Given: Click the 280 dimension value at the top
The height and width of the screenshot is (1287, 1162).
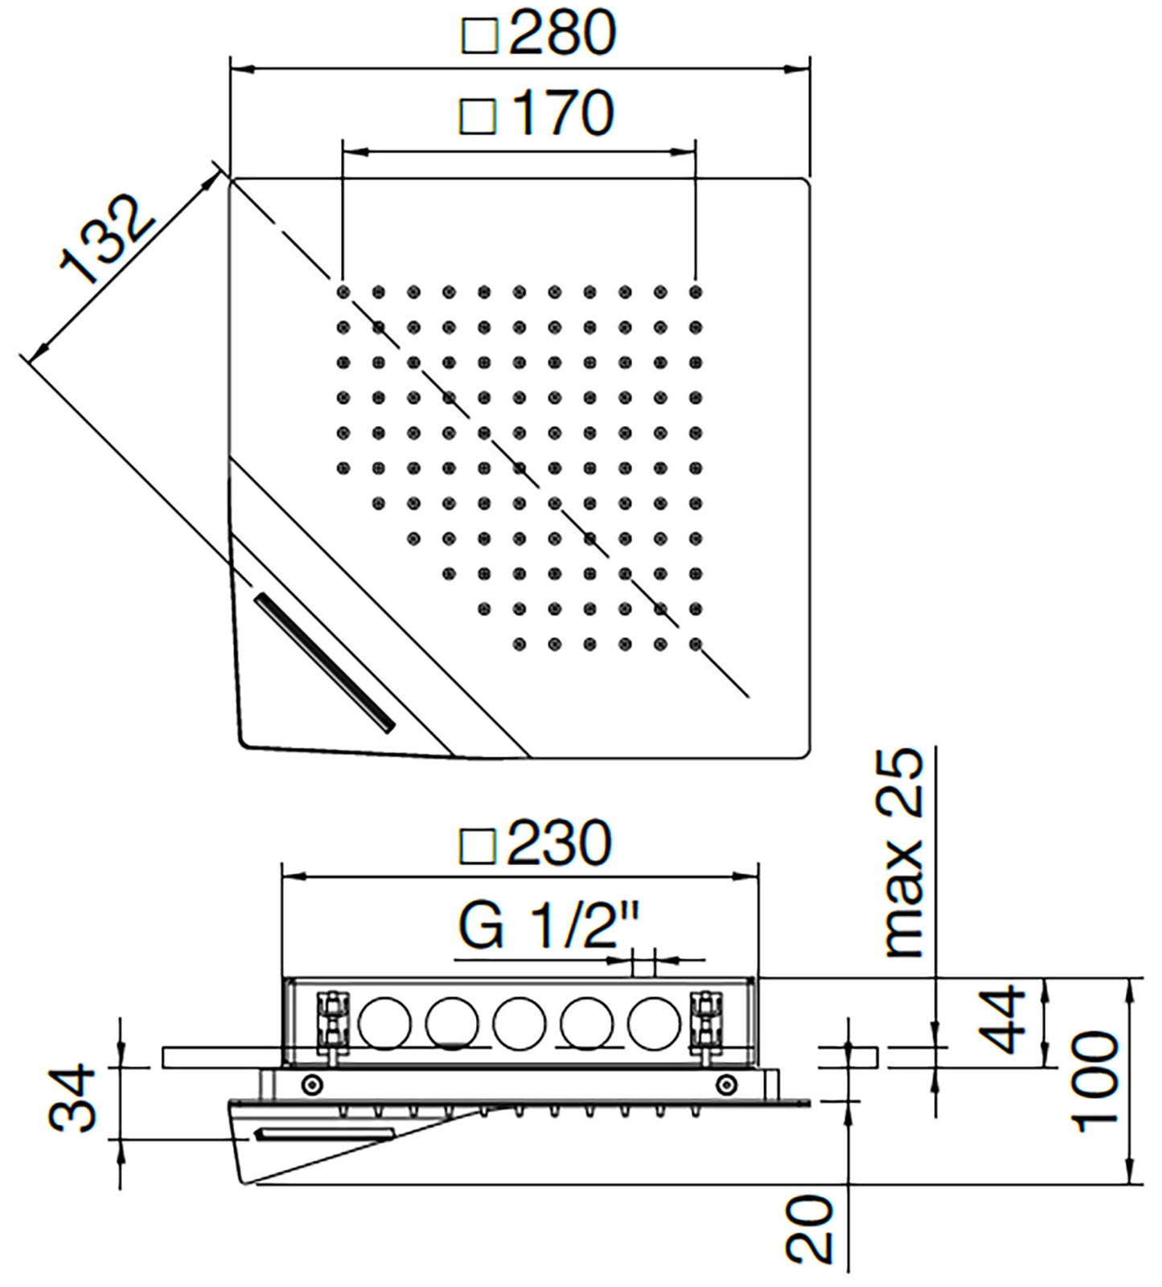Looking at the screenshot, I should (x=561, y=33).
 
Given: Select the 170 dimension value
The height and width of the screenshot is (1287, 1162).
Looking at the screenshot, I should (x=561, y=113).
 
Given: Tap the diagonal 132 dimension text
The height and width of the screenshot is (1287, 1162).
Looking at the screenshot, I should (x=107, y=240).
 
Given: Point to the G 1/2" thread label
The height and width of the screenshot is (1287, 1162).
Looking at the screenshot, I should (x=548, y=927).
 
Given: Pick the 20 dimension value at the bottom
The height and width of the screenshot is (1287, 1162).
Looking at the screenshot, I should (x=809, y=1228).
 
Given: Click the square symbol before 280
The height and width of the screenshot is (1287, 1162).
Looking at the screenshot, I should (x=480, y=37).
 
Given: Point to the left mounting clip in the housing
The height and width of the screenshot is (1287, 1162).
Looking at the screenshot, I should (x=333, y=1020).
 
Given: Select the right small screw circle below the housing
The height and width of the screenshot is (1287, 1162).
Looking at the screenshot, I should (x=726, y=1084).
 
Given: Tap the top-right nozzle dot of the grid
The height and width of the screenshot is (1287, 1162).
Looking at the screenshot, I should (x=696, y=292).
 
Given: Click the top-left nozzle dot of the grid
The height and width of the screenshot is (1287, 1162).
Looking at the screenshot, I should (x=343, y=292).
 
